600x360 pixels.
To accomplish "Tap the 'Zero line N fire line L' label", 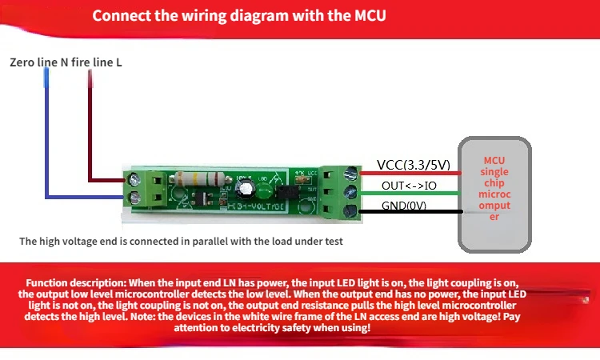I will coord(66,62).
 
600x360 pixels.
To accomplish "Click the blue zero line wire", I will coord(47,144).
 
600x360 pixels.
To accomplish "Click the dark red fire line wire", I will coord(90,128).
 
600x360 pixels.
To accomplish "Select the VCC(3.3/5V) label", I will coord(414,166).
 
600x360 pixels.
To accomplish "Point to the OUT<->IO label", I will coord(410,186).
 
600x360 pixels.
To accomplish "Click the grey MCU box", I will coord(494,193).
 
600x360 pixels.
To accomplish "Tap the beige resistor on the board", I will coord(197,179).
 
